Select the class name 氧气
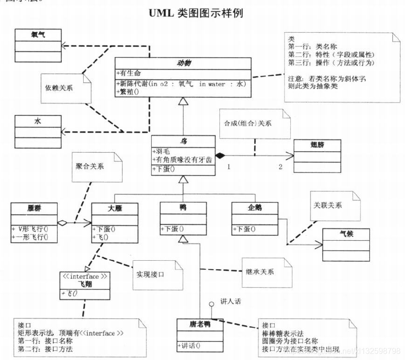tap(37, 34)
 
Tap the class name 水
tap(37, 120)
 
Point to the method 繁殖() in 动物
tap(128, 91)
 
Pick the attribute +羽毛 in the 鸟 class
tap(162, 151)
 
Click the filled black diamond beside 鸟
tap(220, 156)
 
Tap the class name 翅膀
tap(317, 145)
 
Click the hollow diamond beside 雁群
tap(62, 223)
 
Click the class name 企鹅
tap(254, 207)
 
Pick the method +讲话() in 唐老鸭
tap(189, 346)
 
